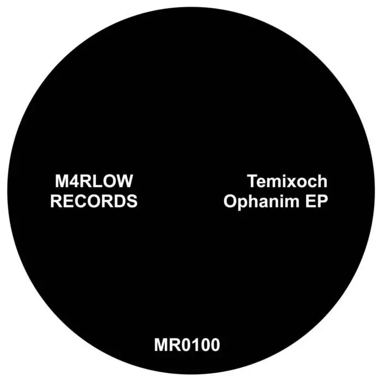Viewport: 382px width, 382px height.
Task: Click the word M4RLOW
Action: [x=94, y=181]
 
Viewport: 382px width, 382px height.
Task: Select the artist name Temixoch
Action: [x=288, y=181]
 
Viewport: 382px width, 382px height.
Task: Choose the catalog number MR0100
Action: [x=187, y=345]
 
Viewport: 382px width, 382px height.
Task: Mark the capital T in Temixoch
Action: [x=253, y=181]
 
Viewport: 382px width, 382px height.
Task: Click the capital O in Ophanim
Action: [x=230, y=201]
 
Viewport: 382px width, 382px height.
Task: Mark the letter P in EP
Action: [x=323, y=201]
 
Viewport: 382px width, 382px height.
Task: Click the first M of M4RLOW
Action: [x=62, y=181]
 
